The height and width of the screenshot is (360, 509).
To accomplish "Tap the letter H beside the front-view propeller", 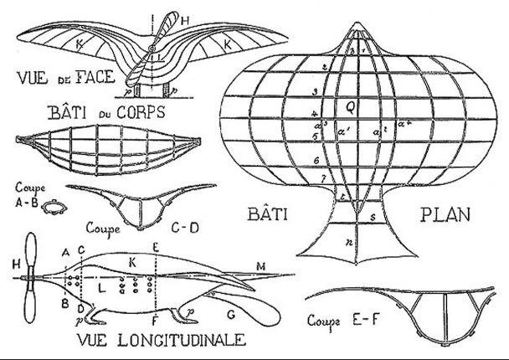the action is [x=183, y=19].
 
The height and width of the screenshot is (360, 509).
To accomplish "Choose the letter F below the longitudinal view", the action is [x=155, y=319].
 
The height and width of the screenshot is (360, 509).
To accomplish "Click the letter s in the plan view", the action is [x=373, y=216].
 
